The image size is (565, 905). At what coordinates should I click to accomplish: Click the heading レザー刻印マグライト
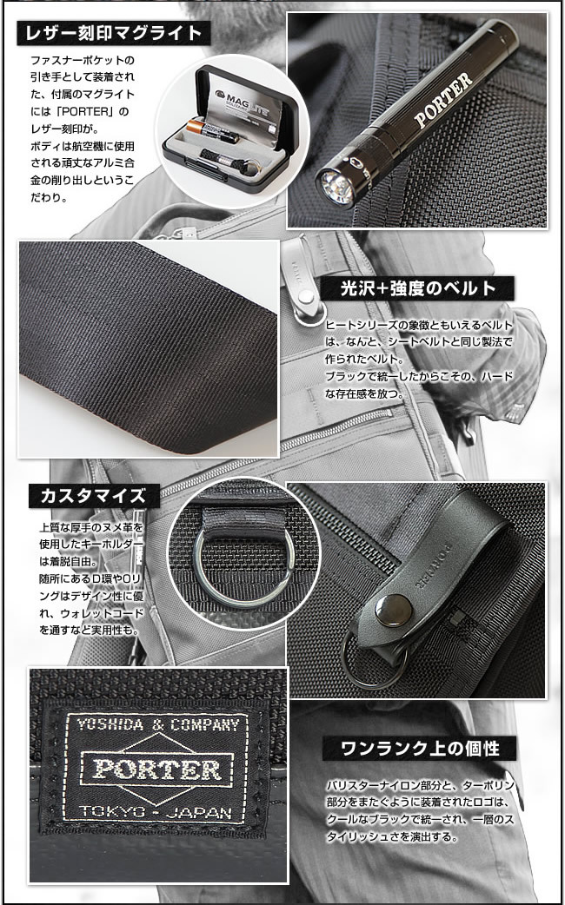[x=113, y=34]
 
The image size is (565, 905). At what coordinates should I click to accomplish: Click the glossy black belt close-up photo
[x=148, y=347]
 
